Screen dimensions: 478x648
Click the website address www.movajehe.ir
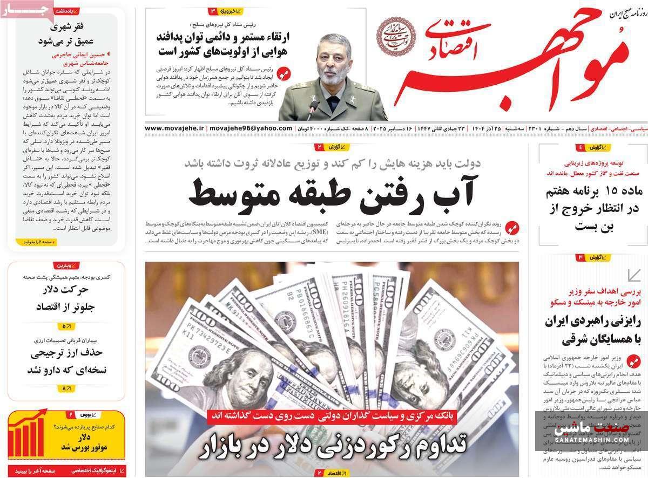[x=174, y=128]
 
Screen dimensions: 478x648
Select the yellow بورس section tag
[x=86, y=414]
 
